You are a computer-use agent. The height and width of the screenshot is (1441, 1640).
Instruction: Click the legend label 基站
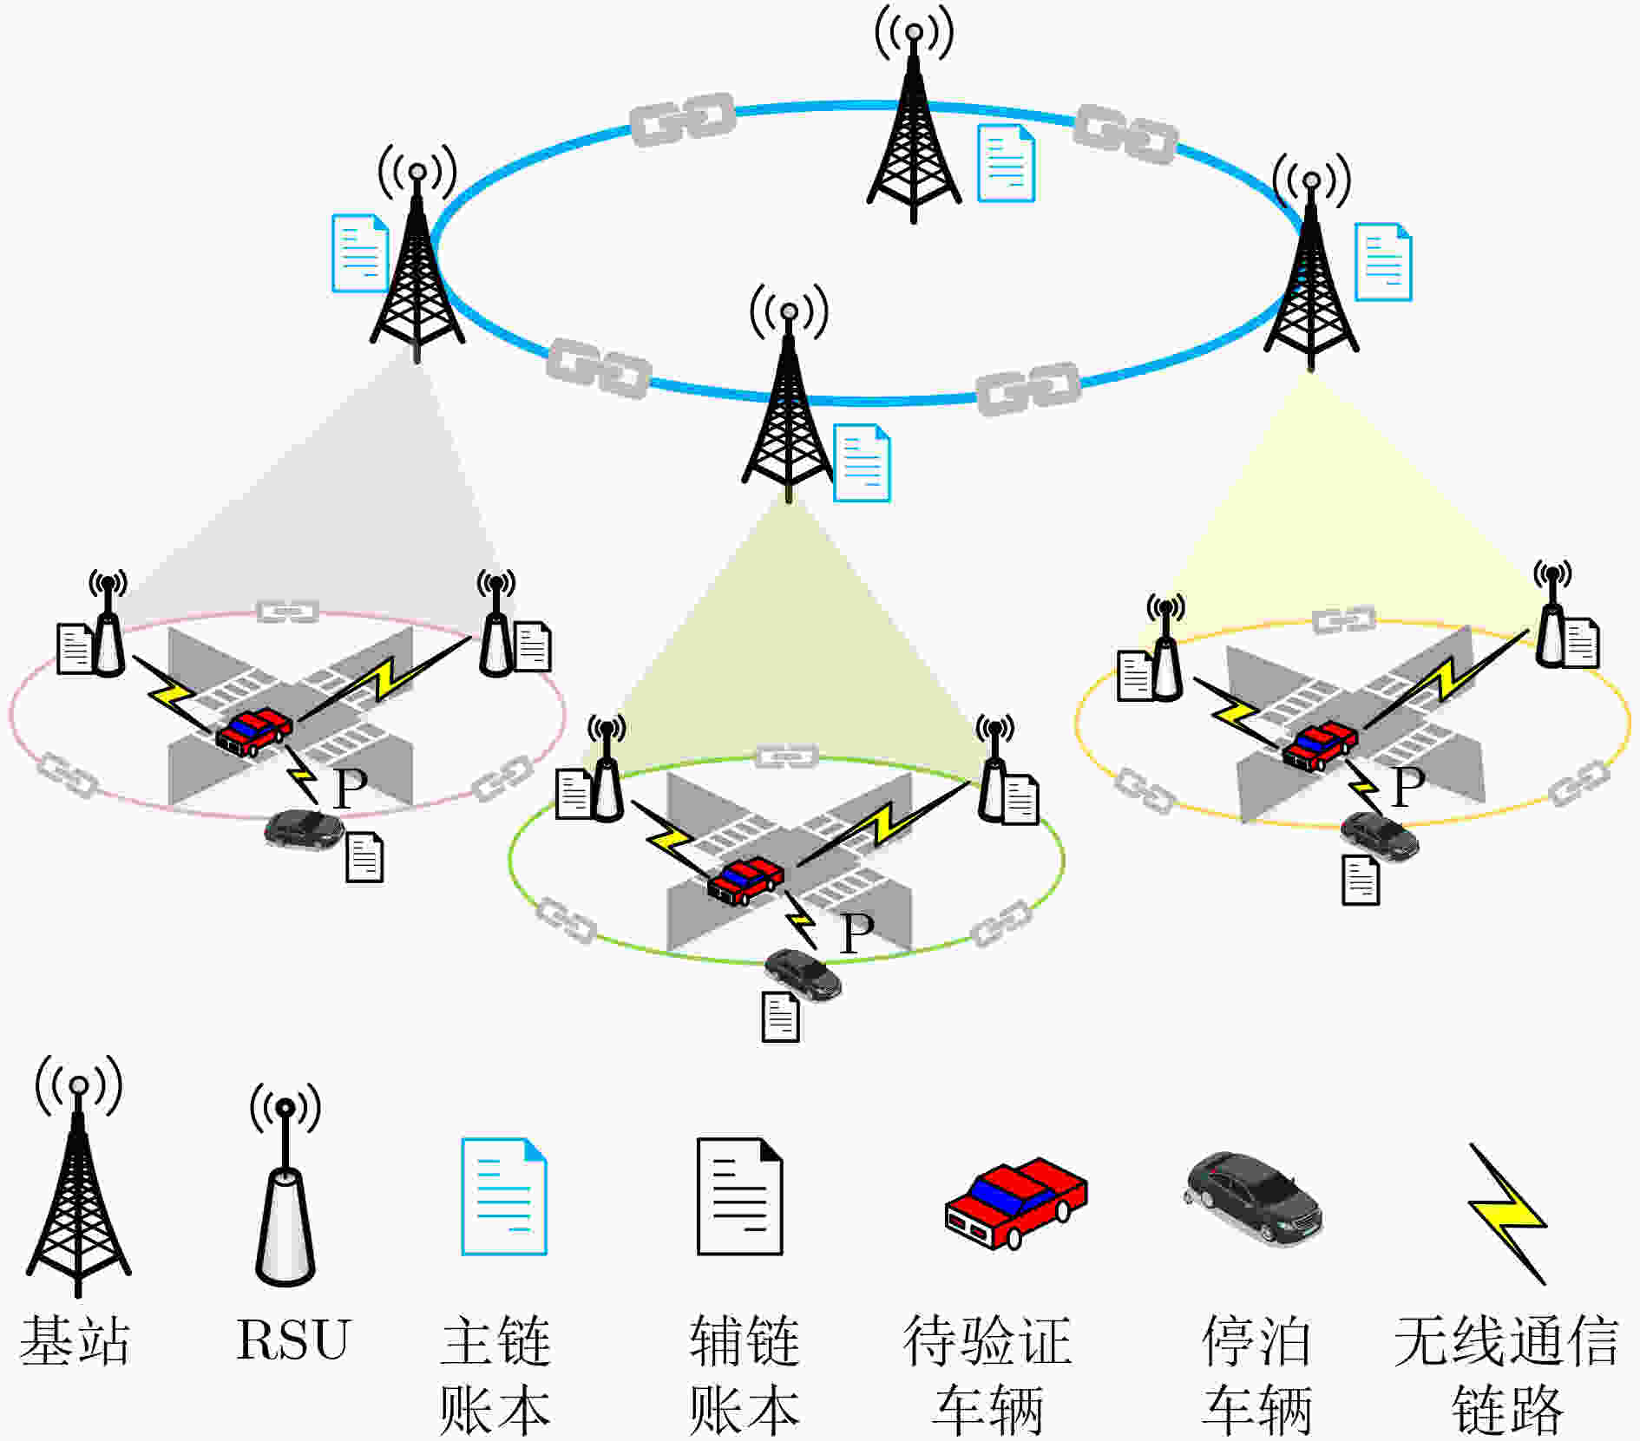point(75,1341)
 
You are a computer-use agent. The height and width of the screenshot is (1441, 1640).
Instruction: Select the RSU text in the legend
point(292,1339)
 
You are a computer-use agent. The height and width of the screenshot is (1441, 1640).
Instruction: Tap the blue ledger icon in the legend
point(504,1196)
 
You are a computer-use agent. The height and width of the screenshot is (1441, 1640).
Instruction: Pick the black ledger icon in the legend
point(740,1196)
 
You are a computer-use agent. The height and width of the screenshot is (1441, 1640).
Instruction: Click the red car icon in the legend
point(1015,1202)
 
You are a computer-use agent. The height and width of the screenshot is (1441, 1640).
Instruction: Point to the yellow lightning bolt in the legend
point(1507,1214)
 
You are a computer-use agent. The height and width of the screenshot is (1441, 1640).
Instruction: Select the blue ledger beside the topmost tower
point(1007,163)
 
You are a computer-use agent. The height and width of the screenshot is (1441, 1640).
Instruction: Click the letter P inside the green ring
point(857,933)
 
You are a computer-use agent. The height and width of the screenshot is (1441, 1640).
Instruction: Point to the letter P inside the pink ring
point(351,789)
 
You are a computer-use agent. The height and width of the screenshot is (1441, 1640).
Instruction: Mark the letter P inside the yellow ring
point(1408,787)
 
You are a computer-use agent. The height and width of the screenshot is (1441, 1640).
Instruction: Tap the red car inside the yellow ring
point(1320,744)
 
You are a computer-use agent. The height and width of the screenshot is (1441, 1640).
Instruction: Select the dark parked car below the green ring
point(803,974)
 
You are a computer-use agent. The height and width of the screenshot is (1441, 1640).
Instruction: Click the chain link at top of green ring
point(786,757)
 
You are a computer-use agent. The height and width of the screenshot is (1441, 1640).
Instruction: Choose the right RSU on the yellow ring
point(1551,614)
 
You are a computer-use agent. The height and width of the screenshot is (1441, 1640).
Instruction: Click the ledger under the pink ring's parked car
point(364,857)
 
